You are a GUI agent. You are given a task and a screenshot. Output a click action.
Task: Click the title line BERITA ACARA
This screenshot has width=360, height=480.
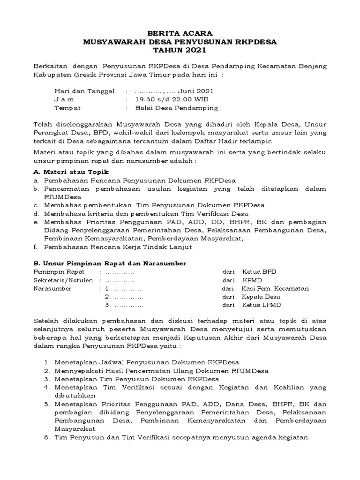[180, 33]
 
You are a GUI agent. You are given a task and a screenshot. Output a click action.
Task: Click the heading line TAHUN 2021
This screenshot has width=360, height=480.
[180, 50]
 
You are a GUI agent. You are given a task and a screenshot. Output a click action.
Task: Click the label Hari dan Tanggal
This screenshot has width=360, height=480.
[84, 91]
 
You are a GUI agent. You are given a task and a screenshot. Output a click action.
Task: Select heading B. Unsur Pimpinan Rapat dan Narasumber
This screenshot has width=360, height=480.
[110, 263]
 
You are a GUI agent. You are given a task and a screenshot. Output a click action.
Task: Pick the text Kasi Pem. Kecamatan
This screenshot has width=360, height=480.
[275, 289]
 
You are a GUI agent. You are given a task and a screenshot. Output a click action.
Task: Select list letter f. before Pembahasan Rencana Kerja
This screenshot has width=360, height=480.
[36, 247]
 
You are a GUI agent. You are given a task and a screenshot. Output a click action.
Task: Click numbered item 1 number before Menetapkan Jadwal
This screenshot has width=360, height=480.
[47, 362]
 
